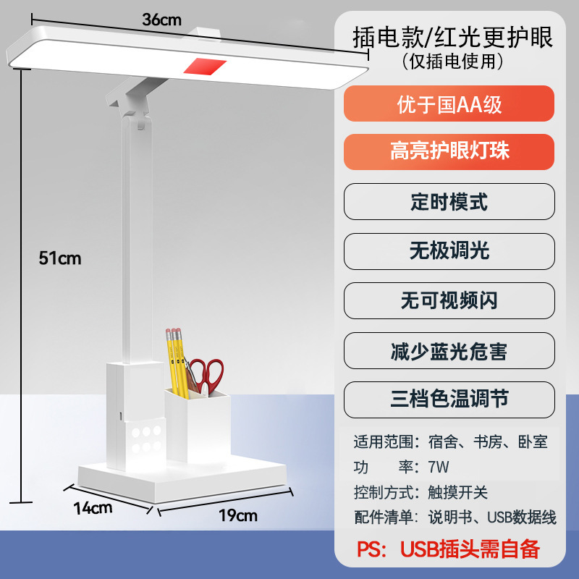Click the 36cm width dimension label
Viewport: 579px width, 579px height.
(x=161, y=20)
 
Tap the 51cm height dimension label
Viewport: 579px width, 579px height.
(x=60, y=258)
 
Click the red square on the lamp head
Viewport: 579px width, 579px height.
(x=206, y=67)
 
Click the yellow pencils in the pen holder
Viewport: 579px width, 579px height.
(x=177, y=362)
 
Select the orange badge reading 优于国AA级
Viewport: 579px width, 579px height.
(x=449, y=104)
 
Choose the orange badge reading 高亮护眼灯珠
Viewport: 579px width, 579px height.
(x=449, y=151)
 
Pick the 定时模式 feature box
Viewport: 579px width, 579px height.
(x=449, y=201)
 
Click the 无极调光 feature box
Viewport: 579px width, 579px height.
(x=449, y=250)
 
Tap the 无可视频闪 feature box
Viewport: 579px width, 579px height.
(x=449, y=300)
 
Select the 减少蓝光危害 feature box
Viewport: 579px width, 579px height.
(x=449, y=351)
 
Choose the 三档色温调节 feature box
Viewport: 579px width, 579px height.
(x=449, y=399)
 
